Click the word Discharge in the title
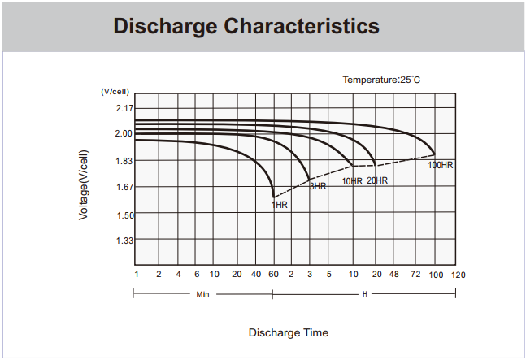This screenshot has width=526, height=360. point(164,26)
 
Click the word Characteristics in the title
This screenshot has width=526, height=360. point(301,26)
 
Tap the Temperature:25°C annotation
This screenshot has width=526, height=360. point(380,80)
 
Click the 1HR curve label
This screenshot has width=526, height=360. point(279,205)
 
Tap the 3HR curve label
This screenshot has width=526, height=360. point(317,187)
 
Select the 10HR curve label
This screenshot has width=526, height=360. point(351,181)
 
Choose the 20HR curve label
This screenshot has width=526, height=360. point(377,180)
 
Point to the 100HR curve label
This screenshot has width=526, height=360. point(441,165)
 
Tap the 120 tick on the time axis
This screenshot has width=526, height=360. point(459,275)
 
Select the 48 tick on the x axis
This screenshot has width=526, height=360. point(394,275)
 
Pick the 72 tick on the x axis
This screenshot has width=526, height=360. point(415,275)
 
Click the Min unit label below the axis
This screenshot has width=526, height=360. point(203,293)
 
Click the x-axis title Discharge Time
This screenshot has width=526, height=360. point(289,332)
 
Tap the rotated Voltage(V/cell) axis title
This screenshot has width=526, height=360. point(84,184)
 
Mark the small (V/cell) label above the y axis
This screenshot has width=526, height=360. point(115,93)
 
